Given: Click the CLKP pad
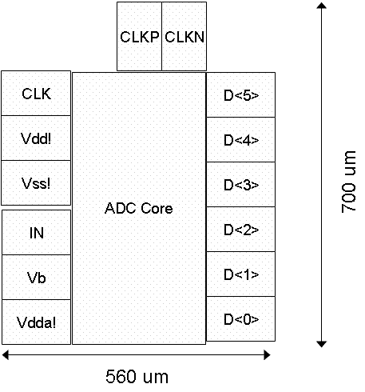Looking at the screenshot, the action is (x=139, y=36).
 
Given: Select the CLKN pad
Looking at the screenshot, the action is (x=184, y=36).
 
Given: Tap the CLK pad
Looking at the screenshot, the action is (x=36, y=93).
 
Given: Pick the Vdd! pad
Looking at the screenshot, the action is (x=36, y=138).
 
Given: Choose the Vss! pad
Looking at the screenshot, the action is (x=36, y=183).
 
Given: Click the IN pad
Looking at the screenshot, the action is (x=37, y=233).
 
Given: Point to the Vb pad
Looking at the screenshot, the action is (x=37, y=278).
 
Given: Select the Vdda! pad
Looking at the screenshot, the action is (x=37, y=322).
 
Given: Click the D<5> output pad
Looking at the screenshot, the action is (x=241, y=94).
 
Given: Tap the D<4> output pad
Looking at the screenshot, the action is (x=241, y=139).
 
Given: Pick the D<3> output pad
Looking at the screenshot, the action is (x=241, y=184).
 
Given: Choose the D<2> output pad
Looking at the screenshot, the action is (x=241, y=229).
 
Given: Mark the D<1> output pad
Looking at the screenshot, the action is (x=241, y=274).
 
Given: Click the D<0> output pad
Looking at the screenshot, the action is (x=241, y=318).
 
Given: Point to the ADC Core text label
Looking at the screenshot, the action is (x=139, y=208).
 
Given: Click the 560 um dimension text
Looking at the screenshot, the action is (x=137, y=377).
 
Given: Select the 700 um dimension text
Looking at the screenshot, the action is (x=348, y=182).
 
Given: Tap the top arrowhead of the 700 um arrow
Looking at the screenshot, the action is (x=322, y=6).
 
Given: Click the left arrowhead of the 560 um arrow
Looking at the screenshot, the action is (x=6, y=355).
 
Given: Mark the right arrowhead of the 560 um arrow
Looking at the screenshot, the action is (x=267, y=355).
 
